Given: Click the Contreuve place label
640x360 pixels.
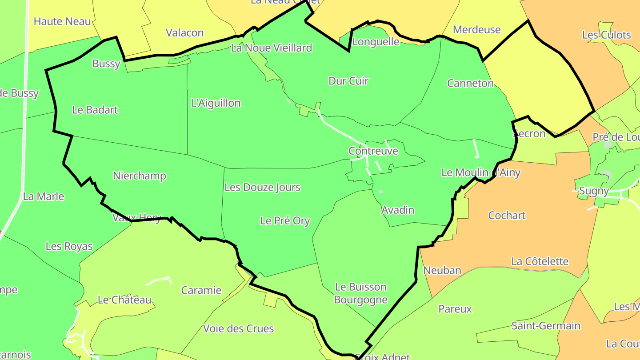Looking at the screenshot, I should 373,151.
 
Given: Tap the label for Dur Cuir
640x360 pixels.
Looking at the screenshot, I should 348,81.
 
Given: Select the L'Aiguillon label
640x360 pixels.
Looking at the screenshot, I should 216,103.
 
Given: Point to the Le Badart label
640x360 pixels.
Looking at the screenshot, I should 95,110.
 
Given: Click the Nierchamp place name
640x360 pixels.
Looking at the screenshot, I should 140,176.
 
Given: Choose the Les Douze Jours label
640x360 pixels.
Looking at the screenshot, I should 262,187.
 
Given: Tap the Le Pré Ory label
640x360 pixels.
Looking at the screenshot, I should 285,220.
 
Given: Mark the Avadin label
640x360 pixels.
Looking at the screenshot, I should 398,210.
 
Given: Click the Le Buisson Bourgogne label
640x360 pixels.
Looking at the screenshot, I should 360,293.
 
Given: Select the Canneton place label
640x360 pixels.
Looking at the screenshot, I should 470,83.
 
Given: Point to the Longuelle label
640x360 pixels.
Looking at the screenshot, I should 376,42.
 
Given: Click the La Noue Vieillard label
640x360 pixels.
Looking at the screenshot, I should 272,48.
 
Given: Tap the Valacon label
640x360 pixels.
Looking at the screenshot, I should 184,32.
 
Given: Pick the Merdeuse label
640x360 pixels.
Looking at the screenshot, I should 477,30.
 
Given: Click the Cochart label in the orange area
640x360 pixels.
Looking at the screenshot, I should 507,216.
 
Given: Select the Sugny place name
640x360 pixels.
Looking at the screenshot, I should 594,191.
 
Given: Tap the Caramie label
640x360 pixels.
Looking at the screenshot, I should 201,290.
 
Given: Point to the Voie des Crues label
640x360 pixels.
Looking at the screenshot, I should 238,328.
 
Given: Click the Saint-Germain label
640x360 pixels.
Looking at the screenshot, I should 546,326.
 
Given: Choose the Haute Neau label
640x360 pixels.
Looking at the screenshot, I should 62,21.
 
